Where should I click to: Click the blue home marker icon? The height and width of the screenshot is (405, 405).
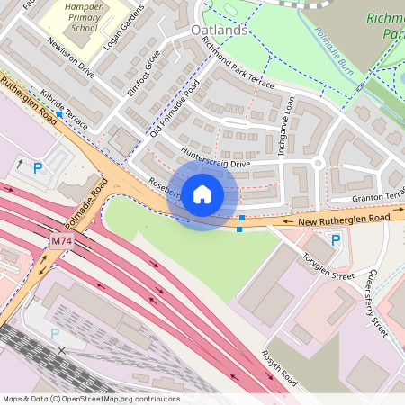(202, 194)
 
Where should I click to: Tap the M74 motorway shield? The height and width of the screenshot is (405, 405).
(60, 241)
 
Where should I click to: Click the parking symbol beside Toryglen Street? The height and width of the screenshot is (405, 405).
(336, 239)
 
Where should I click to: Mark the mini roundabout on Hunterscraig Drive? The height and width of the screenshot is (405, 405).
(317, 163)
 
